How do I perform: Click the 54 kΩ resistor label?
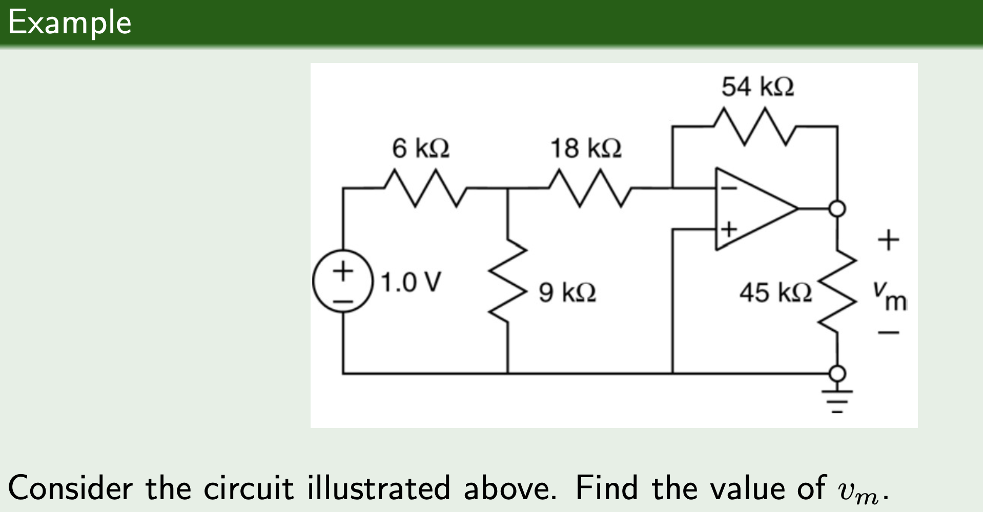[x=757, y=87]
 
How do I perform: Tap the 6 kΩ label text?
[x=420, y=148]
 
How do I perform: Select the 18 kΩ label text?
[x=585, y=148]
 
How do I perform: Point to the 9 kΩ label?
[x=567, y=292]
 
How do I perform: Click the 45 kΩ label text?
[x=775, y=293]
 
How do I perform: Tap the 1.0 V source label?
[x=411, y=282]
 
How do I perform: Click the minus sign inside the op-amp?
[x=728, y=188]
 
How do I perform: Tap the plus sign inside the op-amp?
[x=728, y=228]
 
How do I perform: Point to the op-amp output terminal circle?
[x=837, y=208]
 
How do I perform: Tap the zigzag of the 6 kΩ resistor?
[x=425, y=188]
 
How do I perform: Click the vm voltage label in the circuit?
[x=891, y=297]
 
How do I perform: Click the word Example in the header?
[x=70, y=23]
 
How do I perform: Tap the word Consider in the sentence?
[x=70, y=487]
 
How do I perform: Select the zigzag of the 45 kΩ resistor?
[x=837, y=292]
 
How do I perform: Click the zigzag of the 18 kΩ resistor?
[x=590, y=188]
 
